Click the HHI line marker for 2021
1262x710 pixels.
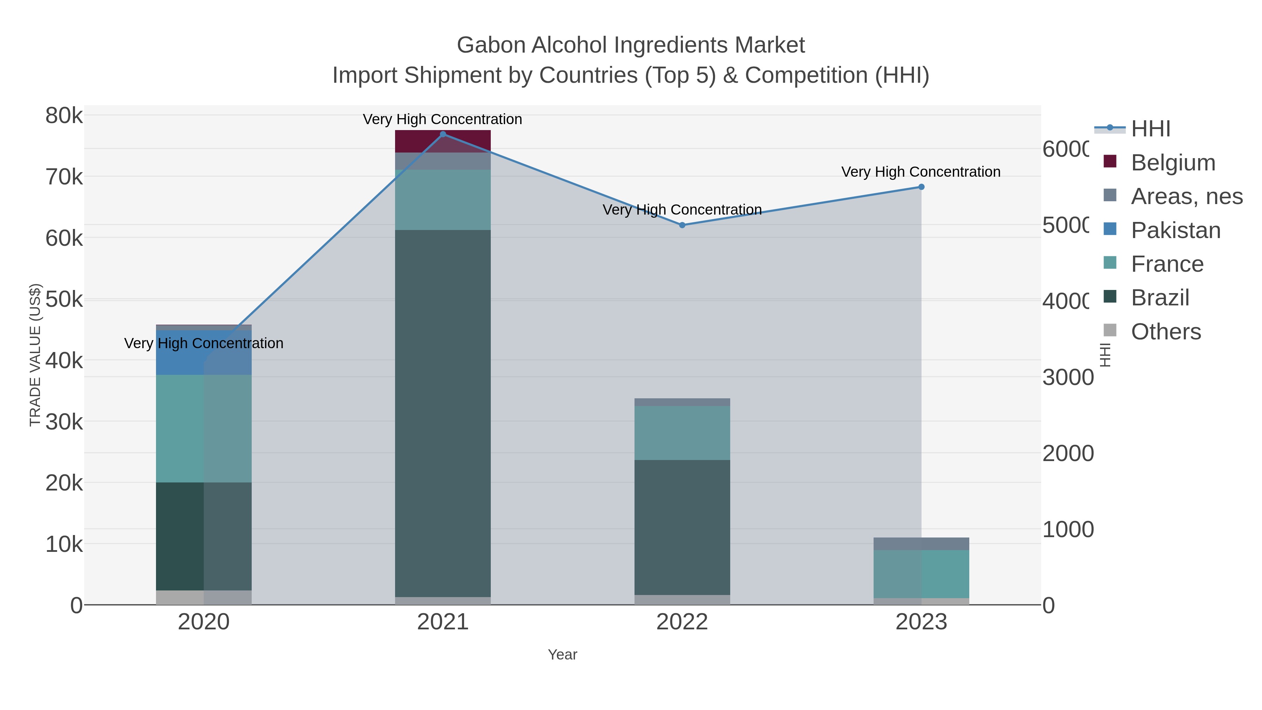443,134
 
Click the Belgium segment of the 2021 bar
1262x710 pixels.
443,142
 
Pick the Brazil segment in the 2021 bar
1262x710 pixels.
443,413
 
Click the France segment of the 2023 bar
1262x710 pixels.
921,574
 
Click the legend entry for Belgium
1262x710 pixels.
1173,163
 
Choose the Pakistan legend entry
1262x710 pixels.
1175,230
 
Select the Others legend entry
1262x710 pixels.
1166,332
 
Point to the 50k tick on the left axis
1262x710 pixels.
64,300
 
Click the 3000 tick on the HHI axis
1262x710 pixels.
1067,378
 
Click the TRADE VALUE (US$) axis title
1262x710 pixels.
35,355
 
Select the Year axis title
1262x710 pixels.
562,655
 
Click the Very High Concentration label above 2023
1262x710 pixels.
921,172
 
